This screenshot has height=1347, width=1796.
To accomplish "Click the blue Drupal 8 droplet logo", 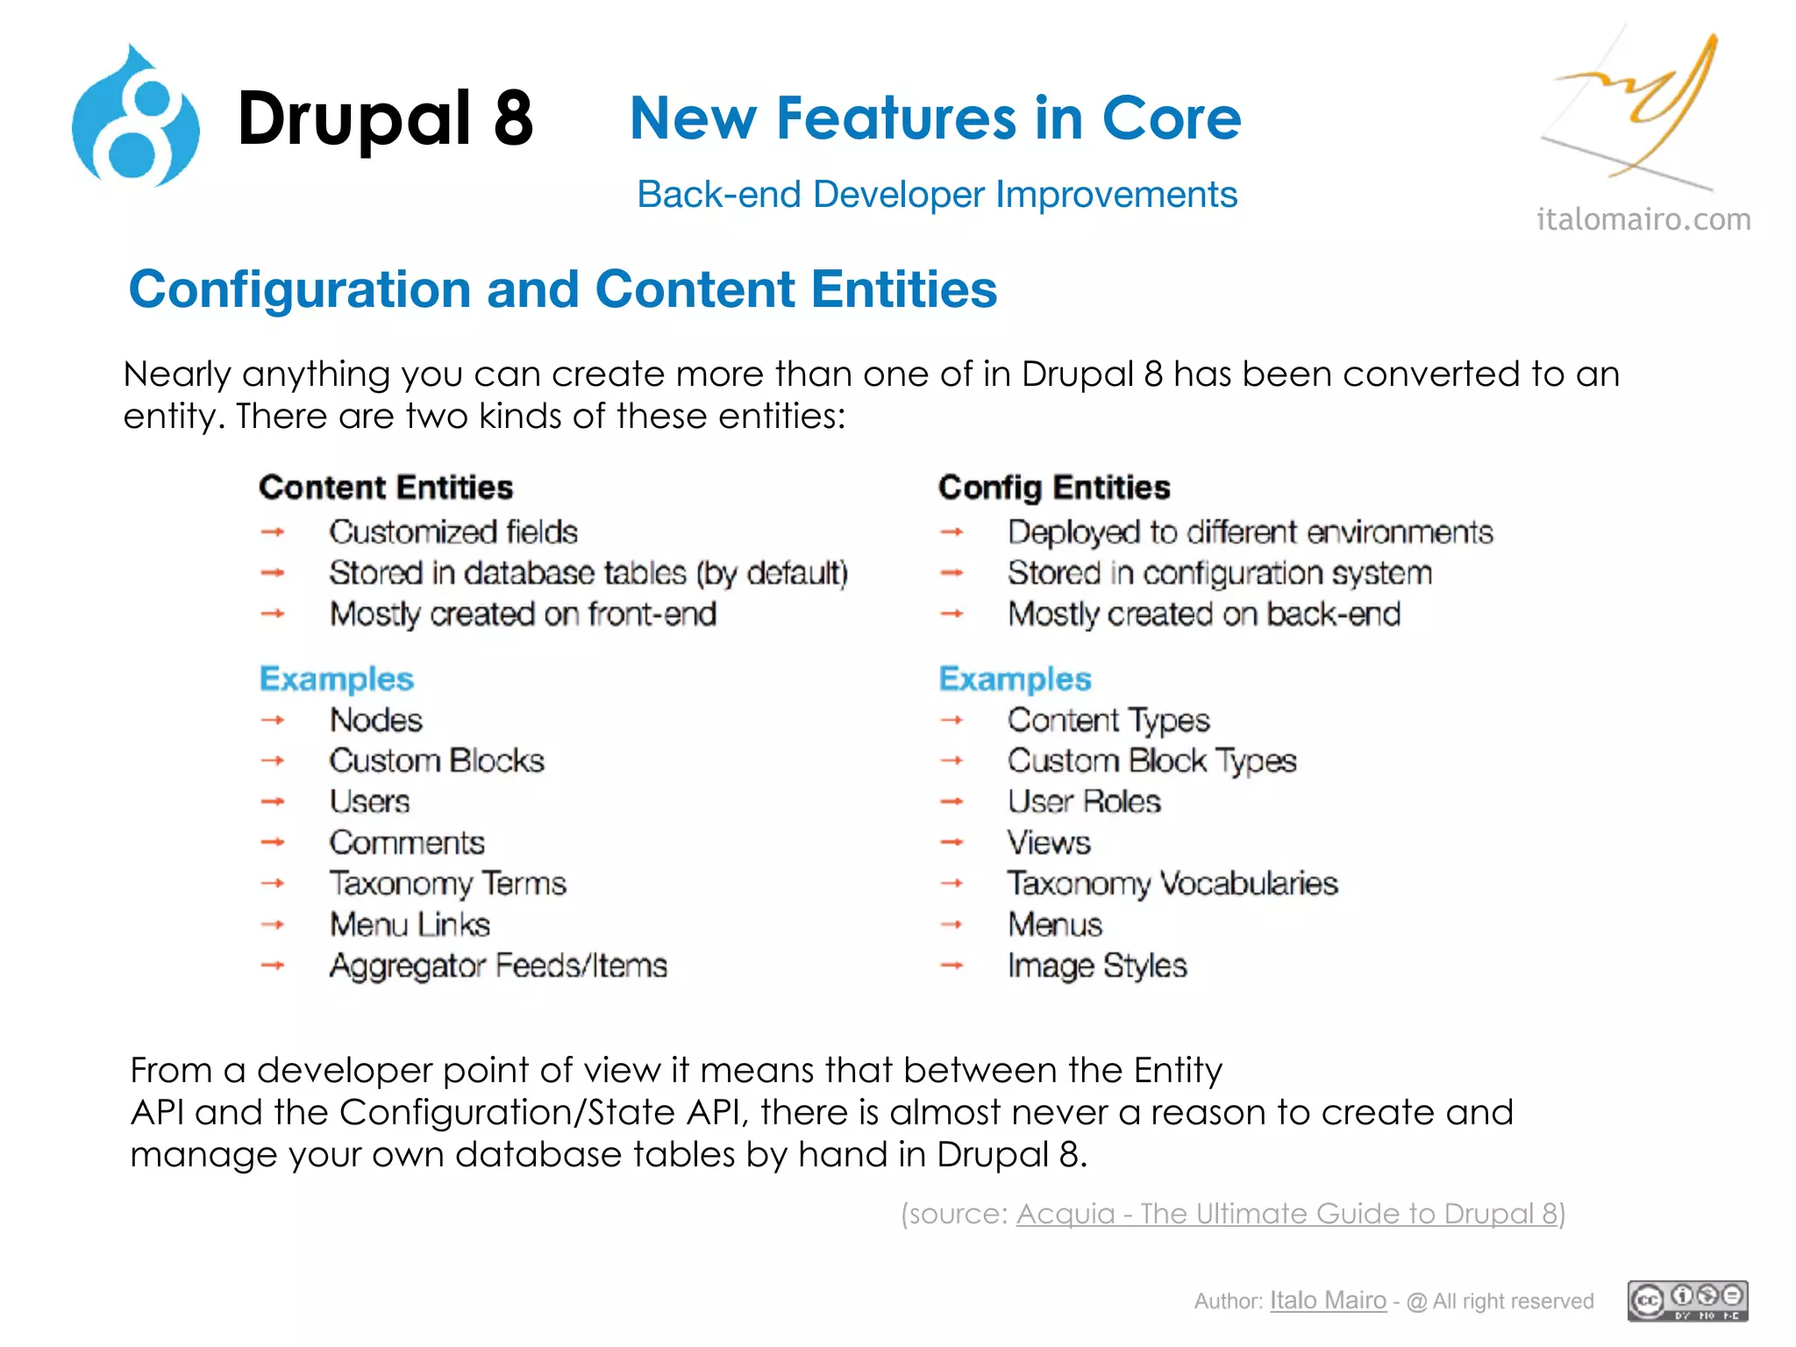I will (136, 118).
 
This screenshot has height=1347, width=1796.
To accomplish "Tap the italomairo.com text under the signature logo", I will (1643, 219).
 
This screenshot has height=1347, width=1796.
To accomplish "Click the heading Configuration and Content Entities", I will (562, 289).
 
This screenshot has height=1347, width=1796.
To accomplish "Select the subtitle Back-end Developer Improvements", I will (937, 195).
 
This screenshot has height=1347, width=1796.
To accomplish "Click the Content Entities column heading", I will (386, 488).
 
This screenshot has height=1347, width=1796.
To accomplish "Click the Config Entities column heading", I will (1054, 488).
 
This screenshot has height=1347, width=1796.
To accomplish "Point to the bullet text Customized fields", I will (453, 532).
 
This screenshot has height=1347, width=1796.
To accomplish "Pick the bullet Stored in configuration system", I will (1220, 574).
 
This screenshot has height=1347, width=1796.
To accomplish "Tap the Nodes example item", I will (376, 720).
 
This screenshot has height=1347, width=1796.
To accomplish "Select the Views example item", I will (1049, 843).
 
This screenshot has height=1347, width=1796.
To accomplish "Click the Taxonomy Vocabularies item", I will (1172, 883).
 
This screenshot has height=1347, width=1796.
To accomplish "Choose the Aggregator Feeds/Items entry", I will (498, 966).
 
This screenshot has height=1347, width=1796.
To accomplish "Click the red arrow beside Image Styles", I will (951, 966).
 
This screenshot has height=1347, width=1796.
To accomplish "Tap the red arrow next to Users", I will (273, 802).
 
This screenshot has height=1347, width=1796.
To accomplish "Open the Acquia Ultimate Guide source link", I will (1286, 1214).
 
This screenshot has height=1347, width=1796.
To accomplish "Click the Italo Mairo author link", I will (1328, 1301).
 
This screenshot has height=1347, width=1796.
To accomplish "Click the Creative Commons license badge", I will (1687, 1301).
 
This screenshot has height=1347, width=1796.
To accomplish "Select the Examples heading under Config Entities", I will (1015, 680).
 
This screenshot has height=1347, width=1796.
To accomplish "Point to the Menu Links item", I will (410, 925).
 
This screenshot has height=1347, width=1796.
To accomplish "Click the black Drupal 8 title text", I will (385, 118).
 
